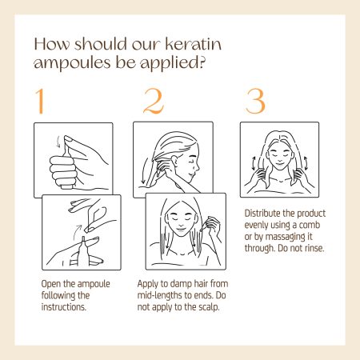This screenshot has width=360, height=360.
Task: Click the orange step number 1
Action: coord(40,102)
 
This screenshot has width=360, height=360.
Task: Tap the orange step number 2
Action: coord(154,102)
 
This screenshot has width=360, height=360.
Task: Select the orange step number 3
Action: coord(255,102)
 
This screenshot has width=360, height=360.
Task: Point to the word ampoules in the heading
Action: coord(72,63)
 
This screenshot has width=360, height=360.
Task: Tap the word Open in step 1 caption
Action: coord(50,284)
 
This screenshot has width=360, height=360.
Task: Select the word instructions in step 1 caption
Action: coord(64,307)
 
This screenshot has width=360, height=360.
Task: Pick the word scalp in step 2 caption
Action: coord(209,307)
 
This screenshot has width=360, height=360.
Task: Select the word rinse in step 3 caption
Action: coord(314,248)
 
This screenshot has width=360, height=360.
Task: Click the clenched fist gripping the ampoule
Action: coord(62,171)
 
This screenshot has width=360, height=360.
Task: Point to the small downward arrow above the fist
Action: coord(59,142)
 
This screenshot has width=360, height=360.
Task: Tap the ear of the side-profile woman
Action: coord(175,162)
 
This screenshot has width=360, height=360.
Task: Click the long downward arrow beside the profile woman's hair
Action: coord(144,170)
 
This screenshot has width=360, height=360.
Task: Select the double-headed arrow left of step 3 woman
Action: coord(254,163)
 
